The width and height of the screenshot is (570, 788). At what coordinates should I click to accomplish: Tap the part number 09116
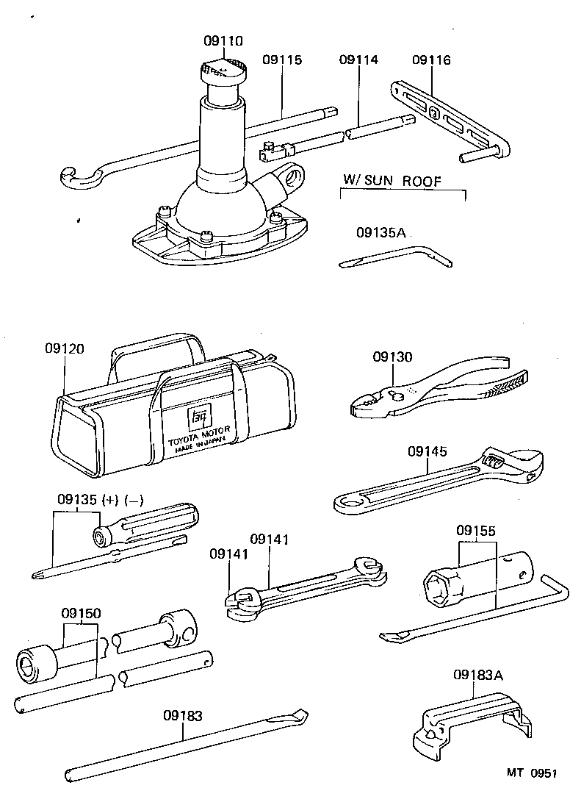click(x=431, y=60)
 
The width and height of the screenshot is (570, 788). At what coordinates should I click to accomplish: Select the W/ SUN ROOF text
click(x=392, y=180)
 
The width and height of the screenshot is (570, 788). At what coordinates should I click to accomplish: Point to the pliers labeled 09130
click(x=433, y=386)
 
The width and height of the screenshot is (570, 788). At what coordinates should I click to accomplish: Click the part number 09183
click(x=183, y=714)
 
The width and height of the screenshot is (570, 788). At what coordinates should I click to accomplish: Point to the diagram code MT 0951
click(x=530, y=773)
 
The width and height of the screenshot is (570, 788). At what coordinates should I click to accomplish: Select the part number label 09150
click(x=81, y=613)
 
